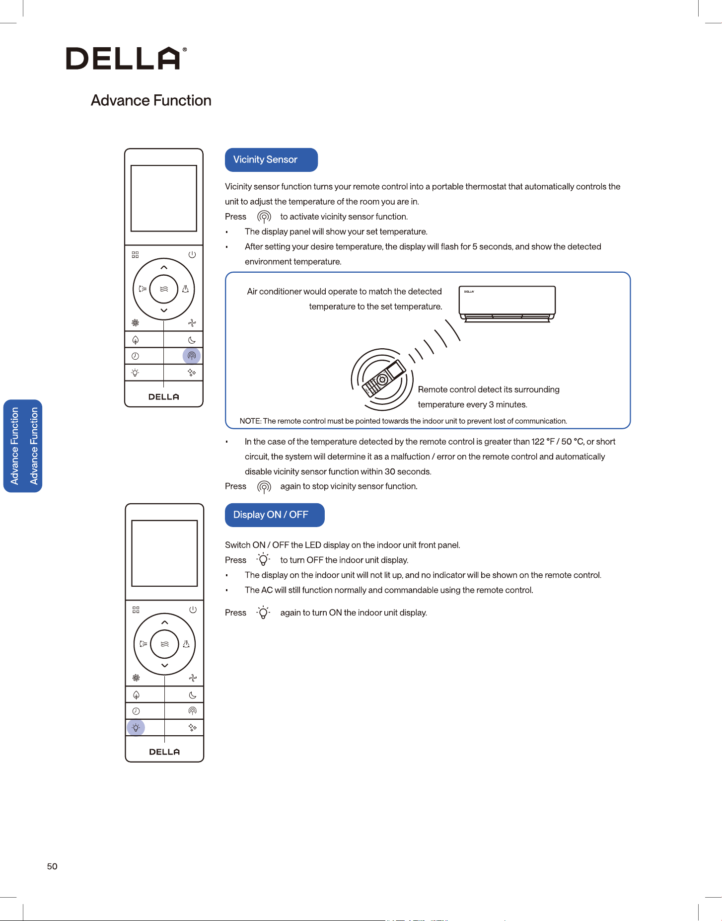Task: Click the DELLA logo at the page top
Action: pyautogui.click(x=127, y=58)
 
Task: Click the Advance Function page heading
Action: pyautogui.click(x=151, y=100)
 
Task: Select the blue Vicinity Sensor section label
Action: pyautogui.click(x=271, y=160)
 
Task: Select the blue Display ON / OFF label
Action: pyautogui.click(x=275, y=515)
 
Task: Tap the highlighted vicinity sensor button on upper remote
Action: pyautogui.click(x=192, y=356)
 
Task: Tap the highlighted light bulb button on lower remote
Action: pyautogui.click(x=136, y=728)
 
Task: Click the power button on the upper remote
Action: pyautogui.click(x=192, y=255)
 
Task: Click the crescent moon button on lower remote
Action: pyautogui.click(x=193, y=695)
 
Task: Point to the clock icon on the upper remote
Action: pyautogui.click(x=135, y=356)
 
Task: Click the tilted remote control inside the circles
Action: pyautogui.click(x=384, y=378)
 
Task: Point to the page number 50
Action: pyautogui.click(x=52, y=866)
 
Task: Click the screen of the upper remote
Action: pyautogui.click(x=164, y=198)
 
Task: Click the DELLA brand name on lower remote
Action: pyautogui.click(x=164, y=752)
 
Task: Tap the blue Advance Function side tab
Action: pyautogui.click(x=23, y=446)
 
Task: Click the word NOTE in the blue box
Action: pyautogui.click(x=250, y=421)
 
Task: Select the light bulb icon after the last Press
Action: pyautogui.click(x=263, y=613)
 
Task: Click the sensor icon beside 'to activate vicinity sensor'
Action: pyautogui.click(x=264, y=217)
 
